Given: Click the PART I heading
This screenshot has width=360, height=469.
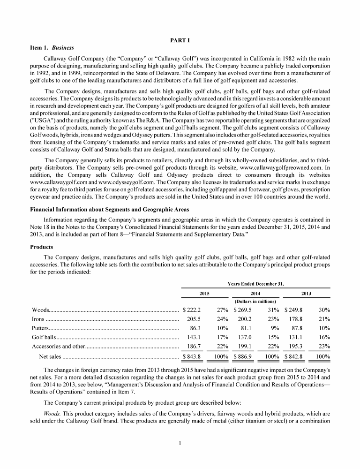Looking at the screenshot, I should click(x=180, y=40).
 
